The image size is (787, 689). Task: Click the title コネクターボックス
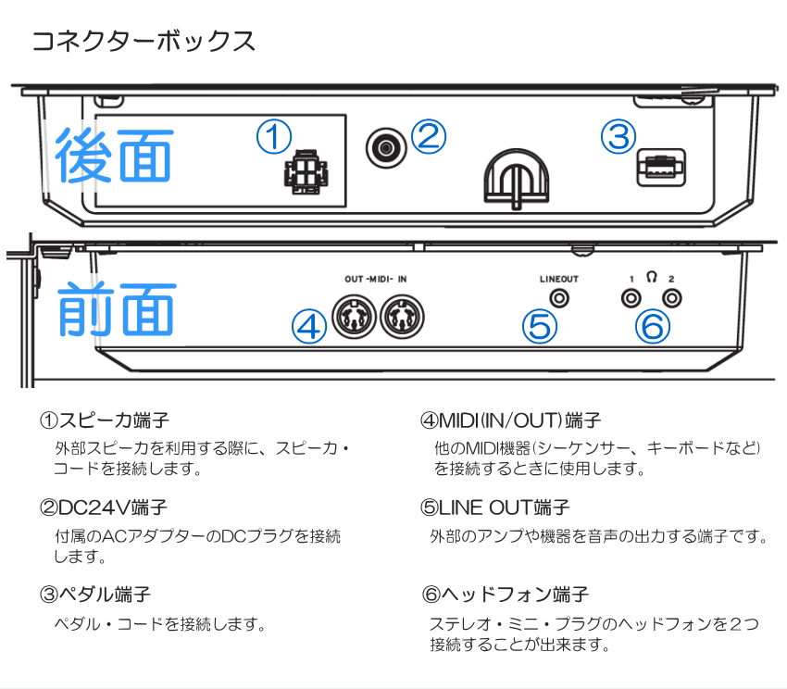click(x=144, y=42)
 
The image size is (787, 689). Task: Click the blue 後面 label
click(x=113, y=155)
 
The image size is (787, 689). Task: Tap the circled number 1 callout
click(x=274, y=138)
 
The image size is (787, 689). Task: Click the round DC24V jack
click(x=383, y=146)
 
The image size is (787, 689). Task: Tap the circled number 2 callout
click(x=428, y=137)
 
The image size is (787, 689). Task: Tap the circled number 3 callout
click(x=618, y=137)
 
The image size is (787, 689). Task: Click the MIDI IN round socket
click(x=401, y=318)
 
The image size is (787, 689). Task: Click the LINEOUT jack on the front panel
click(x=559, y=298)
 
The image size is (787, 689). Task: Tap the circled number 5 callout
click(x=541, y=325)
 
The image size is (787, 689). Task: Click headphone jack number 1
click(x=631, y=298)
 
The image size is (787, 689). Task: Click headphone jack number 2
click(x=671, y=298)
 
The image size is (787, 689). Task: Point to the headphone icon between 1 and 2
click(x=652, y=276)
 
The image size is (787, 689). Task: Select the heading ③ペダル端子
click(x=94, y=594)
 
